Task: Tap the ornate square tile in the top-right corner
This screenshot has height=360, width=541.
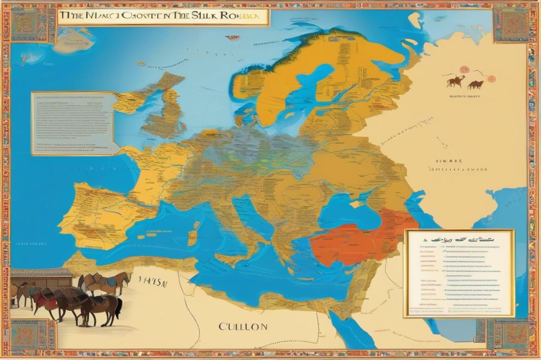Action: click(511, 24)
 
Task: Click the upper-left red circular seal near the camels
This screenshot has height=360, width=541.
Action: click(464, 70)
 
